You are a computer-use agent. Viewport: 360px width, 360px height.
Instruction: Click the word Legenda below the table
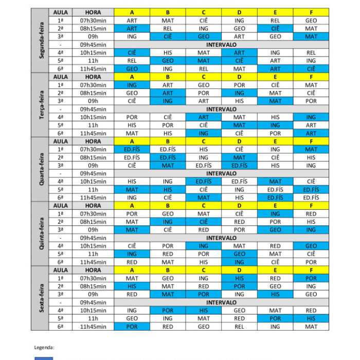tap(44, 347)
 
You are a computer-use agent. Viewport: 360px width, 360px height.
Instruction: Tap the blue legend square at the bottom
tap(44, 358)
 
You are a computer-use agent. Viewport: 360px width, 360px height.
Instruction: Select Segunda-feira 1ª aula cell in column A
tap(132, 21)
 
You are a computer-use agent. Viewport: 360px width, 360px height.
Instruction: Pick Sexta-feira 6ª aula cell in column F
tap(311, 327)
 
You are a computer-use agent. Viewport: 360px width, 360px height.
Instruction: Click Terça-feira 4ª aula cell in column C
tap(204, 117)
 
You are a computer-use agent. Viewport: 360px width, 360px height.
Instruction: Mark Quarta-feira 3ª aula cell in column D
tap(239, 166)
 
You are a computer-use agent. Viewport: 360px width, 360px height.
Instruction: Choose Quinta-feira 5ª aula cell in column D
tap(239, 254)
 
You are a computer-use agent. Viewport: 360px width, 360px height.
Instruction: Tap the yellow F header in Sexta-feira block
tap(311, 270)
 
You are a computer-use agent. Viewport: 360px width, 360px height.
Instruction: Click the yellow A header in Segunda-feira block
tap(132, 12)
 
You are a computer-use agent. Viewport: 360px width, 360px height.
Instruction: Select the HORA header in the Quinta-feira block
tap(93, 206)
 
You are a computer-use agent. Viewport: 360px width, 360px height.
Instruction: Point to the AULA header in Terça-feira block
tap(61, 77)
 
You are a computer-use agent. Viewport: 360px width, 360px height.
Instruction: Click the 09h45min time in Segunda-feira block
tap(93, 45)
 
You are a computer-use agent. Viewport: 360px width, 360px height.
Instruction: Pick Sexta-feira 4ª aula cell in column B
tap(168, 311)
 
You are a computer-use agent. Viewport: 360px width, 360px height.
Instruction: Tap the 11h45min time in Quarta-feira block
tap(93, 197)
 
